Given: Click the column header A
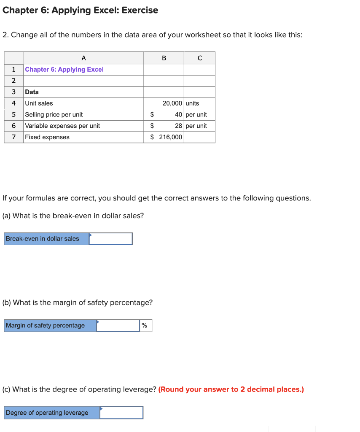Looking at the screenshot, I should pyautogui.click(x=83, y=58).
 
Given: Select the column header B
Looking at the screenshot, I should pyautogui.click(x=164, y=58).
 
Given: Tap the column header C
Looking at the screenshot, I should pyautogui.click(x=199, y=58).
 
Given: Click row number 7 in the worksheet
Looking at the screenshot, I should pyautogui.click(x=14, y=137).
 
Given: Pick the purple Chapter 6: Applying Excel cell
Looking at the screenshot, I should pyautogui.click(x=64, y=70).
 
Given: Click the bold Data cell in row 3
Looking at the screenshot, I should pyautogui.click(x=32, y=92).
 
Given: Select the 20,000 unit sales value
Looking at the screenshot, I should pyautogui.click(x=172, y=103).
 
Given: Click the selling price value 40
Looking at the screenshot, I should pyautogui.click(x=179, y=115).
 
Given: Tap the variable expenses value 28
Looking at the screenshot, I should pyautogui.click(x=179, y=126).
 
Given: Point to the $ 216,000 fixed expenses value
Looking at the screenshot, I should pyautogui.click(x=167, y=137).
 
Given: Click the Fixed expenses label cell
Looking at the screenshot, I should pyautogui.click(x=47, y=137).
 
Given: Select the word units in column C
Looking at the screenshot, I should pyautogui.click(x=192, y=103).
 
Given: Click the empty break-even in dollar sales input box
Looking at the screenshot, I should pyautogui.click(x=111, y=239).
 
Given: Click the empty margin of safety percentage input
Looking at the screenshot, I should pyautogui.click(x=118, y=326).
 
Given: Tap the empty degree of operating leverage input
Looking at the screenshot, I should pyautogui.click(x=121, y=413).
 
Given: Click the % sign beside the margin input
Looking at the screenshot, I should pyautogui.click(x=145, y=326).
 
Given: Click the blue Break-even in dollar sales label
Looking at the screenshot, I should pyautogui.click(x=43, y=239).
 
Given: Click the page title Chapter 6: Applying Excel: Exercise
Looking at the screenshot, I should pyautogui.click(x=81, y=10).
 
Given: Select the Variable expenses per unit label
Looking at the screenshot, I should pyautogui.click(x=62, y=126).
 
